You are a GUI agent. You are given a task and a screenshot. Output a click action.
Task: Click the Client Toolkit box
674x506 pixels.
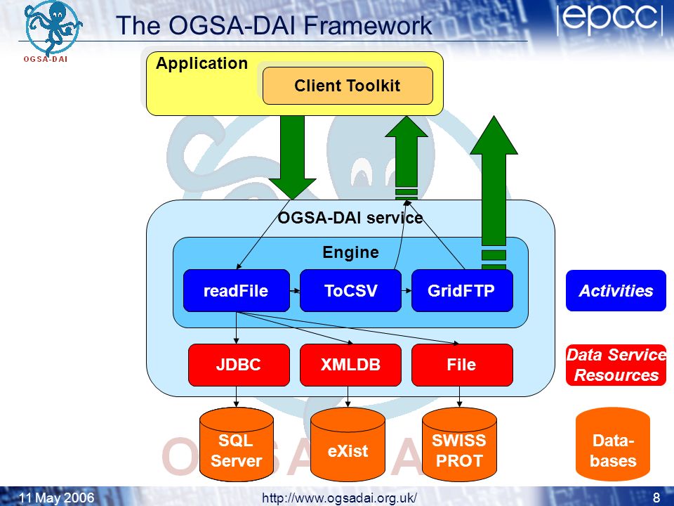[x=348, y=86]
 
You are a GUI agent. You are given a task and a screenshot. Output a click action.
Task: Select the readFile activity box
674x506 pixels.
[x=237, y=290]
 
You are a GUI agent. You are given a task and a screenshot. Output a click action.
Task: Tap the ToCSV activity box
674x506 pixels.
[x=350, y=290]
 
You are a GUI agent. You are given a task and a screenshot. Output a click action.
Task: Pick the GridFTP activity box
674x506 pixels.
[x=462, y=290]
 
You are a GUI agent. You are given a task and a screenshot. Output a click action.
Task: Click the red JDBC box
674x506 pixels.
[x=239, y=365]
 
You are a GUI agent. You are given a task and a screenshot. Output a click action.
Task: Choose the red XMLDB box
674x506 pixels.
[x=350, y=365]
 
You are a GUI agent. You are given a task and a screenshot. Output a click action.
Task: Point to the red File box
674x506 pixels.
[x=462, y=365]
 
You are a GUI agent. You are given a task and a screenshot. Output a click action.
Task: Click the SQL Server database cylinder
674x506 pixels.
[x=237, y=444]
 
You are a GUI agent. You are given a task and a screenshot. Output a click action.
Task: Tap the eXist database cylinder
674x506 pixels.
[x=348, y=444]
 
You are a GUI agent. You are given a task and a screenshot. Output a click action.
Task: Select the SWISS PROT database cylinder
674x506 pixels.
[x=459, y=444]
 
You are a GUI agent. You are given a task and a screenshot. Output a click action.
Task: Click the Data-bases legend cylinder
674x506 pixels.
[x=612, y=444]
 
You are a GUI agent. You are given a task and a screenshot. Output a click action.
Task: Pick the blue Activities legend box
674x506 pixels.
[x=616, y=290]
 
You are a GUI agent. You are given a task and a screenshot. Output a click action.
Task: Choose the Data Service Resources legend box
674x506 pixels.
[x=616, y=365]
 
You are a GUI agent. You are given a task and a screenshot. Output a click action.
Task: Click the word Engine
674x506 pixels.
[x=351, y=252]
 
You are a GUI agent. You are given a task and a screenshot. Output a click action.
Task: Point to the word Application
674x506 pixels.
[x=201, y=64]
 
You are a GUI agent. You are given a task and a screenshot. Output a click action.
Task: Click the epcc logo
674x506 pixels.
[x=610, y=20]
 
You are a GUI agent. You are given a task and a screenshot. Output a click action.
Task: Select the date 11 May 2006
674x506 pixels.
[x=56, y=498]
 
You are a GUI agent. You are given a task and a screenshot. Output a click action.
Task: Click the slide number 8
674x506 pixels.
[x=656, y=498]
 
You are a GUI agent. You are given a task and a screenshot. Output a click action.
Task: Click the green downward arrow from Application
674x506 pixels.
[x=292, y=157]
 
